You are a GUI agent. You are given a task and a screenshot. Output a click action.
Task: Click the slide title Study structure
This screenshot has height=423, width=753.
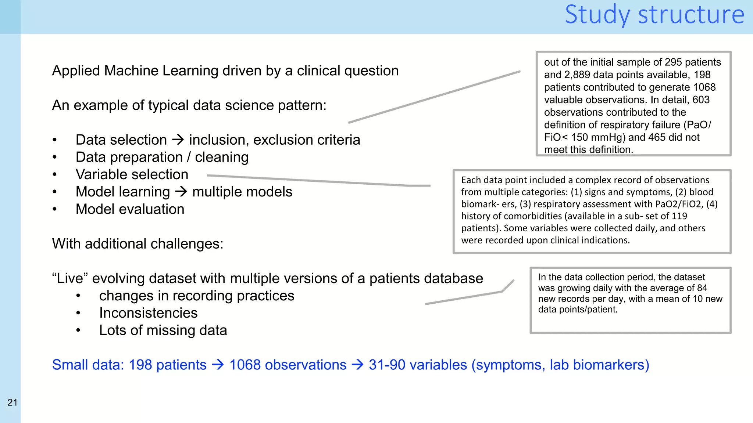(654, 15)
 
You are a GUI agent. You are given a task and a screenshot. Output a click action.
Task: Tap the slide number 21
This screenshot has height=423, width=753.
(13, 402)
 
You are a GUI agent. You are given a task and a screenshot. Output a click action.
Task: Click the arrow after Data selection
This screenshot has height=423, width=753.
(178, 140)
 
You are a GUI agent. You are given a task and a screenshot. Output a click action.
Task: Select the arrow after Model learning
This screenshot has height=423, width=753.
(181, 191)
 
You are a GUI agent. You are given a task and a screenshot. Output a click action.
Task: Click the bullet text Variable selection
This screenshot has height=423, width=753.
(132, 174)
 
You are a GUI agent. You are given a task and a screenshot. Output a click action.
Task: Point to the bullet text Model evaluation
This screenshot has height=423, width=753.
(130, 209)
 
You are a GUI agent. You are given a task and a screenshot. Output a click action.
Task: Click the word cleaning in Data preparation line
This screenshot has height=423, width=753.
(222, 157)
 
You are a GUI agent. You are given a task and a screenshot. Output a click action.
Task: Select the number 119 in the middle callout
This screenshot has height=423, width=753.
(679, 216)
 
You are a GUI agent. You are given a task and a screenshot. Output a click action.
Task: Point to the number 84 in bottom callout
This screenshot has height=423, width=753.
(702, 288)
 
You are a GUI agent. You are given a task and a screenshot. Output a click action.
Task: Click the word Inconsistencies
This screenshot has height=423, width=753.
(148, 313)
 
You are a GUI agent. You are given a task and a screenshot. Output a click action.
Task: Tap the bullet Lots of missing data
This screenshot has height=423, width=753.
(163, 330)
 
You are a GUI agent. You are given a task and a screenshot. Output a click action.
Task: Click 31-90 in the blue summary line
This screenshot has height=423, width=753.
(387, 365)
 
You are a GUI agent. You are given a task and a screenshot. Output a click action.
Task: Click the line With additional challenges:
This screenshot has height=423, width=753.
(138, 244)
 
